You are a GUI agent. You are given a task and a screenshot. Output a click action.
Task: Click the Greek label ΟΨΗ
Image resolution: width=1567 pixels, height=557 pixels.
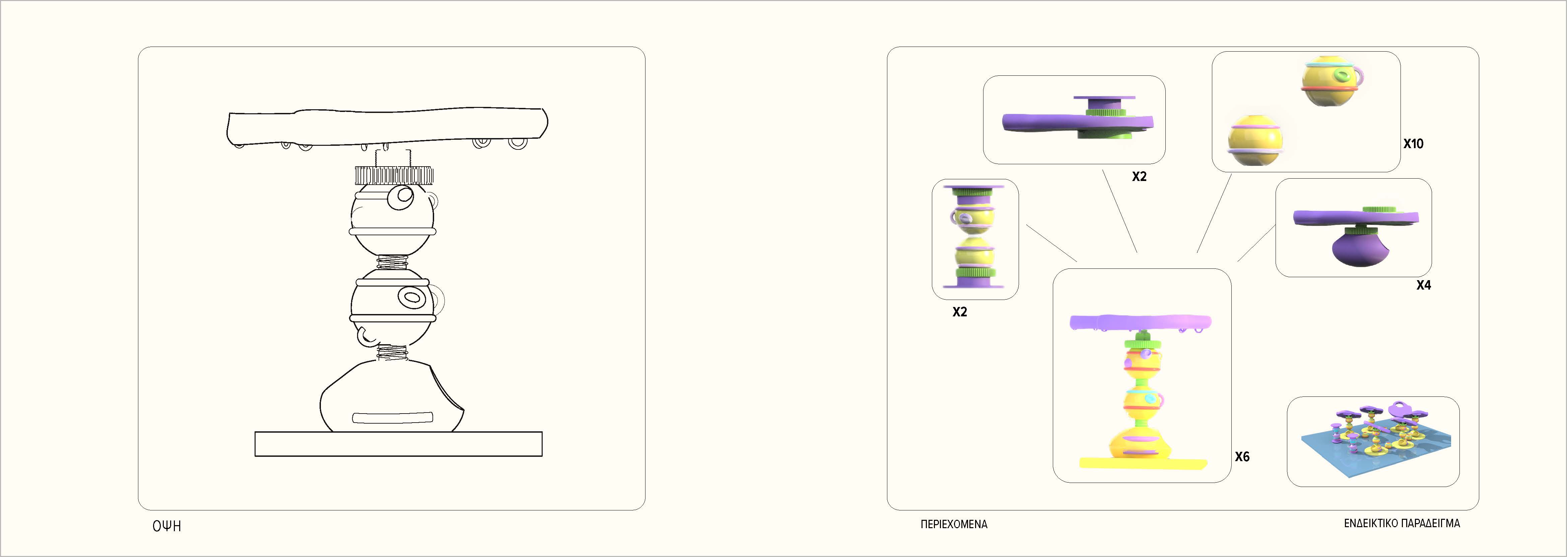(167, 526)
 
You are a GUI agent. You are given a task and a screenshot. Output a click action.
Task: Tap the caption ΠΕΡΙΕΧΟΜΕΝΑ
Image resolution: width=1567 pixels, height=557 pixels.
(953, 524)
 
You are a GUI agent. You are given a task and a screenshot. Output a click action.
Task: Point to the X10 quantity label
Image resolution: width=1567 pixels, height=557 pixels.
(1413, 144)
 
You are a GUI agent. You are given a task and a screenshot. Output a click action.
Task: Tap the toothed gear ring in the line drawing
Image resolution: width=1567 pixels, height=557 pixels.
(394, 176)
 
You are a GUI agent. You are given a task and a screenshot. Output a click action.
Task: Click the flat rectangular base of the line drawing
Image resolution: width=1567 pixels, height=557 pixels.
(398, 444)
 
